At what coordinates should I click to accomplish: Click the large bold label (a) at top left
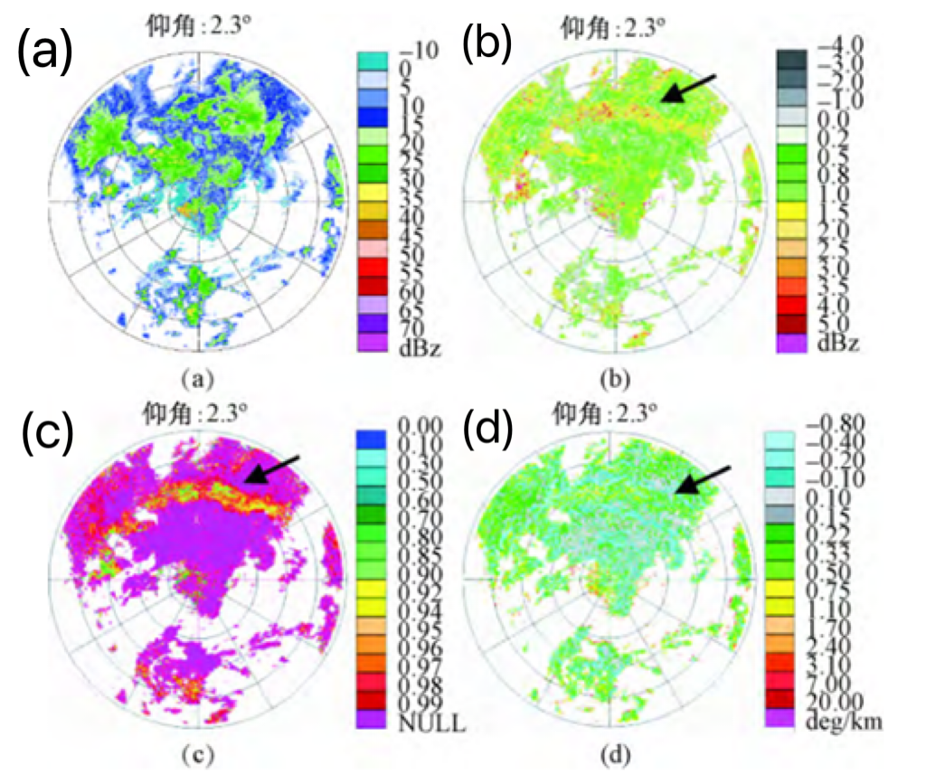44,54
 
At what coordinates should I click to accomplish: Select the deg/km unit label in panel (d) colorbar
837,721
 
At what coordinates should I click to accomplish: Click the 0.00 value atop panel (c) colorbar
417,425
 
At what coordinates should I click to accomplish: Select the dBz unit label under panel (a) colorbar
417,348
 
